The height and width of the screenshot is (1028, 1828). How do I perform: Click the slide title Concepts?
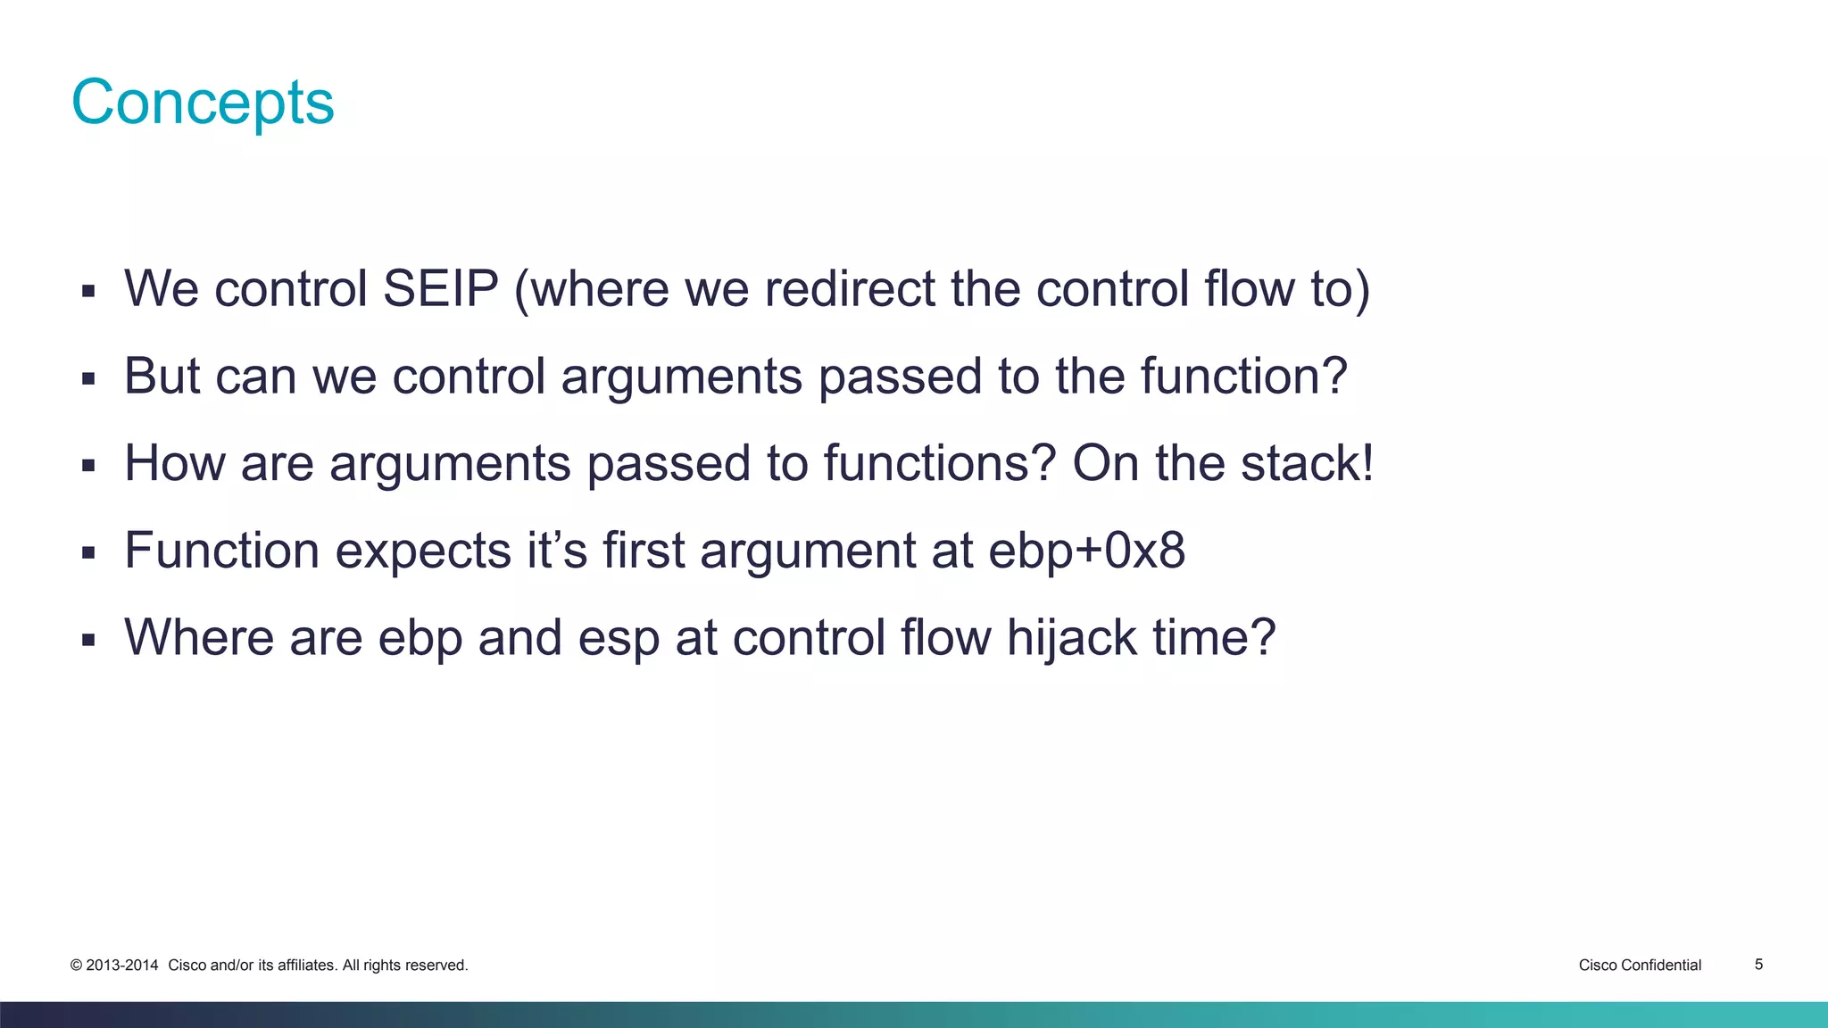point(203,103)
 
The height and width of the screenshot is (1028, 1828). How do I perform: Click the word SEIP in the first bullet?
point(440,289)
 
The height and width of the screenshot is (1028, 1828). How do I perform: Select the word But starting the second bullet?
point(162,376)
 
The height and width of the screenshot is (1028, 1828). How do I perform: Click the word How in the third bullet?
point(174,463)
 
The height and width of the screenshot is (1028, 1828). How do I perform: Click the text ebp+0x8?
point(1086,551)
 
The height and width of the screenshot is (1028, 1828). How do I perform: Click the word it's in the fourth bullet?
point(556,551)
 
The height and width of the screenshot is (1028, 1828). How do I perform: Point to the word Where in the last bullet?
point(198,638)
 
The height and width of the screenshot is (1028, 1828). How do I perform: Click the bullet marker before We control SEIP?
point(87,291)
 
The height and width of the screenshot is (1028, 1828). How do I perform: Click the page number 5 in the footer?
point(1758,964)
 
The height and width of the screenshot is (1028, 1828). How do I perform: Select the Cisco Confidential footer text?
point(1640,965)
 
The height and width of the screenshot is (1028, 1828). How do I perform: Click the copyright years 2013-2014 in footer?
point(121,965)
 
